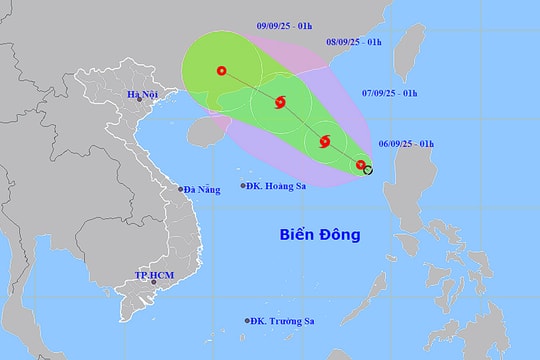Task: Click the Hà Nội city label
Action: click(143, 95)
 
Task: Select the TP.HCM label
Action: click(153, 273)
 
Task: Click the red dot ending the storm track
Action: click(221, 70)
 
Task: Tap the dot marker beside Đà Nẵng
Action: click(181, 188)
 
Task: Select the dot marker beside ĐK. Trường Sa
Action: click(247, 321)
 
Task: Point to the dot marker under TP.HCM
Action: click(154, 282)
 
